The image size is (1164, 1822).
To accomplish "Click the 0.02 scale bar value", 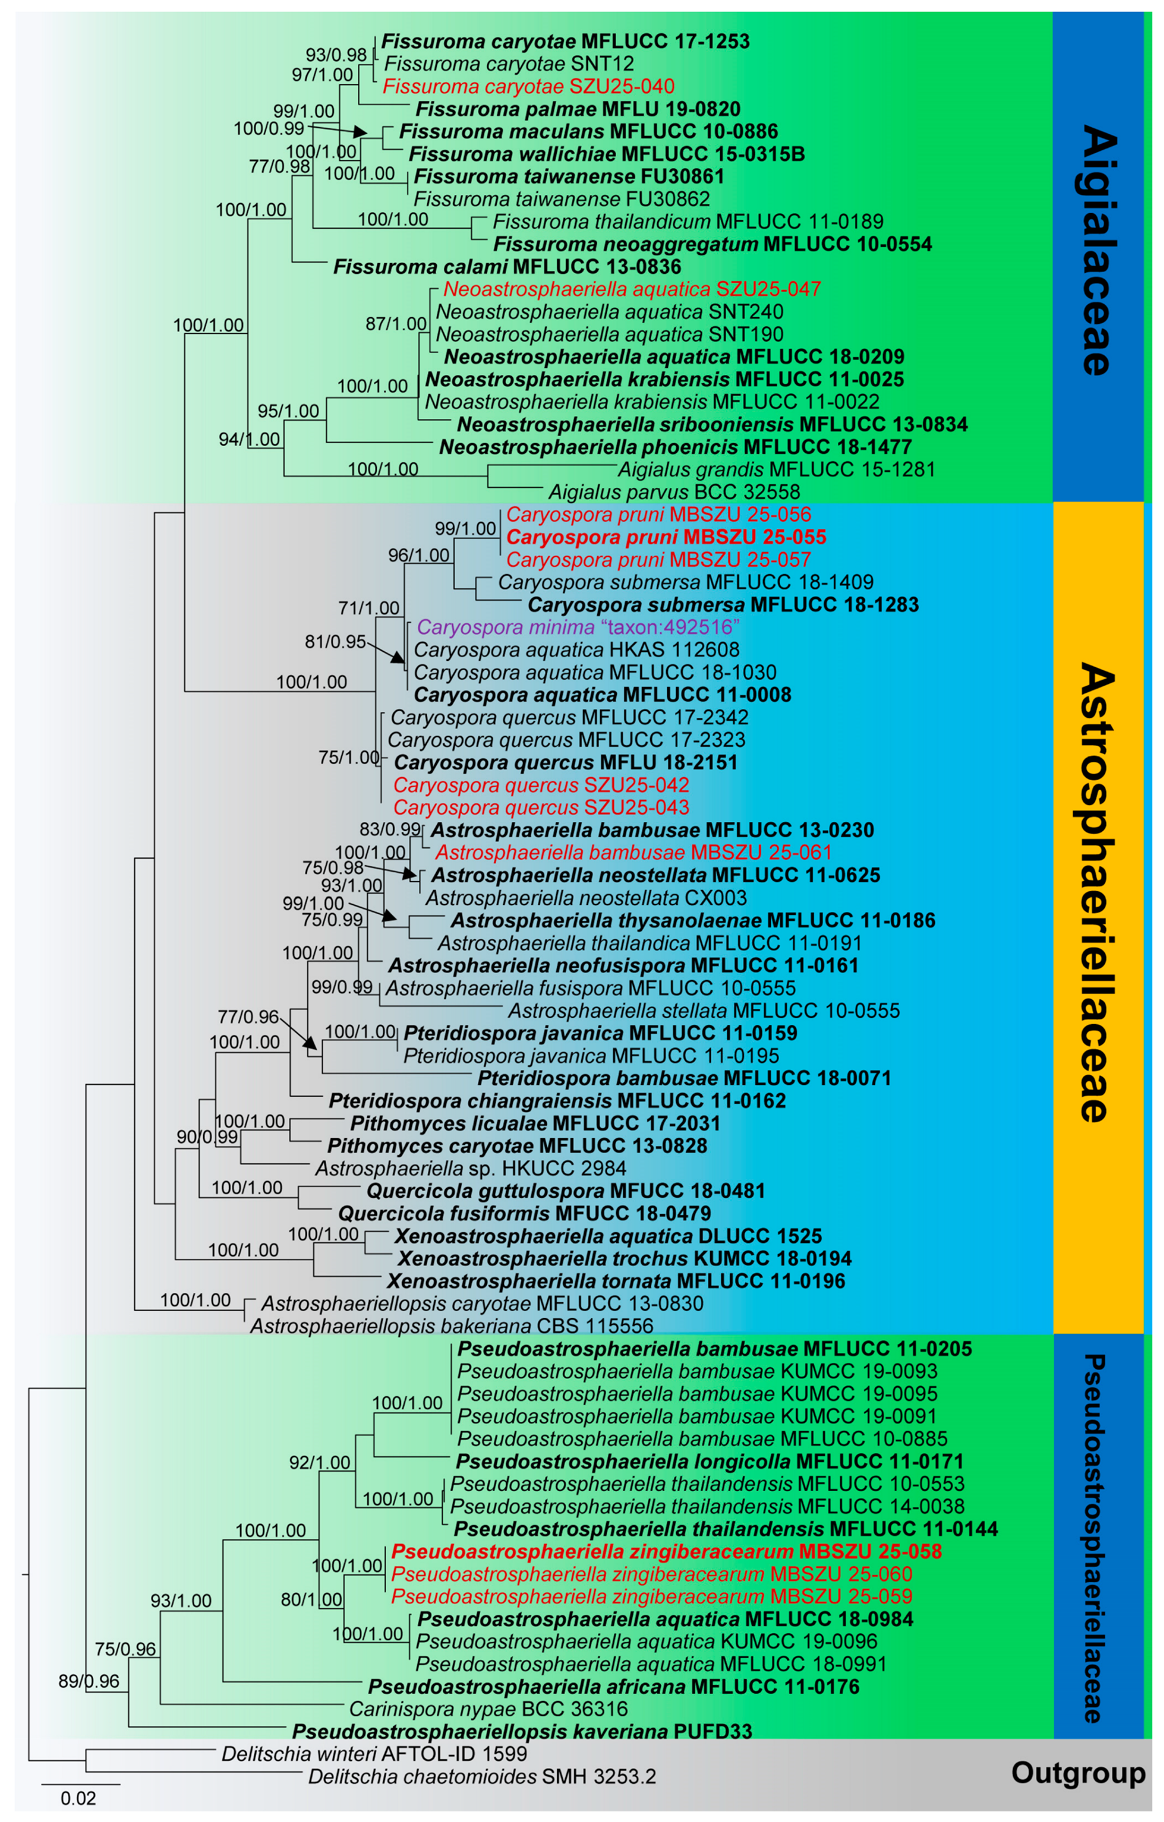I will (x=78, y=1798).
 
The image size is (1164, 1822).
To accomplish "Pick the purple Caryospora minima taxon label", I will (x=578, y=628).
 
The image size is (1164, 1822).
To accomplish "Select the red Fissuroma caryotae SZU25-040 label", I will (x=528, y=86).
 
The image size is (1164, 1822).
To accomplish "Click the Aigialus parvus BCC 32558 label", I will (x=673, y=492).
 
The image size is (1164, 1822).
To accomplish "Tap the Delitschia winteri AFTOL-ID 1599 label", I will (x=374, y=1753).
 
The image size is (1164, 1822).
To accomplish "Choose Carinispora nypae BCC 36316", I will (x=488, y=1708).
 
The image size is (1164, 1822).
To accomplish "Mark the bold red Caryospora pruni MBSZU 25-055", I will (x=666, y=537).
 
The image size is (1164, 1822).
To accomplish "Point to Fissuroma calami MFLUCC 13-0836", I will (x=507, y=267).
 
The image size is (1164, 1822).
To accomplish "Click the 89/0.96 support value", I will (x=89, y=1681).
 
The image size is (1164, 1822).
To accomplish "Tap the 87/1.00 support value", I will (x=396, y=324).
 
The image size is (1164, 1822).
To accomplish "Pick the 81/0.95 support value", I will (x=335, y=642).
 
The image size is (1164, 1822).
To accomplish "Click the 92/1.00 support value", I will (x=319, y=1463).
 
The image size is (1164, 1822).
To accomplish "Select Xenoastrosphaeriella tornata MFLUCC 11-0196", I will (x=615, y=1281).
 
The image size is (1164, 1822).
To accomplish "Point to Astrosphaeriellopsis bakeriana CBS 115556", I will (x=451, y=1326).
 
